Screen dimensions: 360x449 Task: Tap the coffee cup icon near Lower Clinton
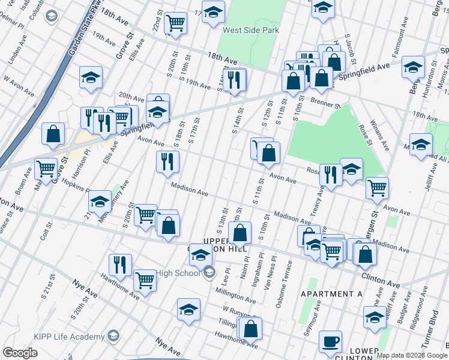coord(330,341)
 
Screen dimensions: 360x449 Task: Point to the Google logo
coord(20,353)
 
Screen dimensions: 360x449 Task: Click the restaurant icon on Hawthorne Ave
coord(120,264)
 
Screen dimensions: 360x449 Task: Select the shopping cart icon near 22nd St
coord(176,23)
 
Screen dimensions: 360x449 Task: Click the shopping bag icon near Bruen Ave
coord(53,134)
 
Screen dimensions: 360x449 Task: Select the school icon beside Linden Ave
coord(91,77)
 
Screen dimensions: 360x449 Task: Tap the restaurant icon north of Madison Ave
coord(167,161)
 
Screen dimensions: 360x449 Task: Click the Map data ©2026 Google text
coord(411,355)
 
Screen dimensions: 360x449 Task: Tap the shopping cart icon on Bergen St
coord(377,188)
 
